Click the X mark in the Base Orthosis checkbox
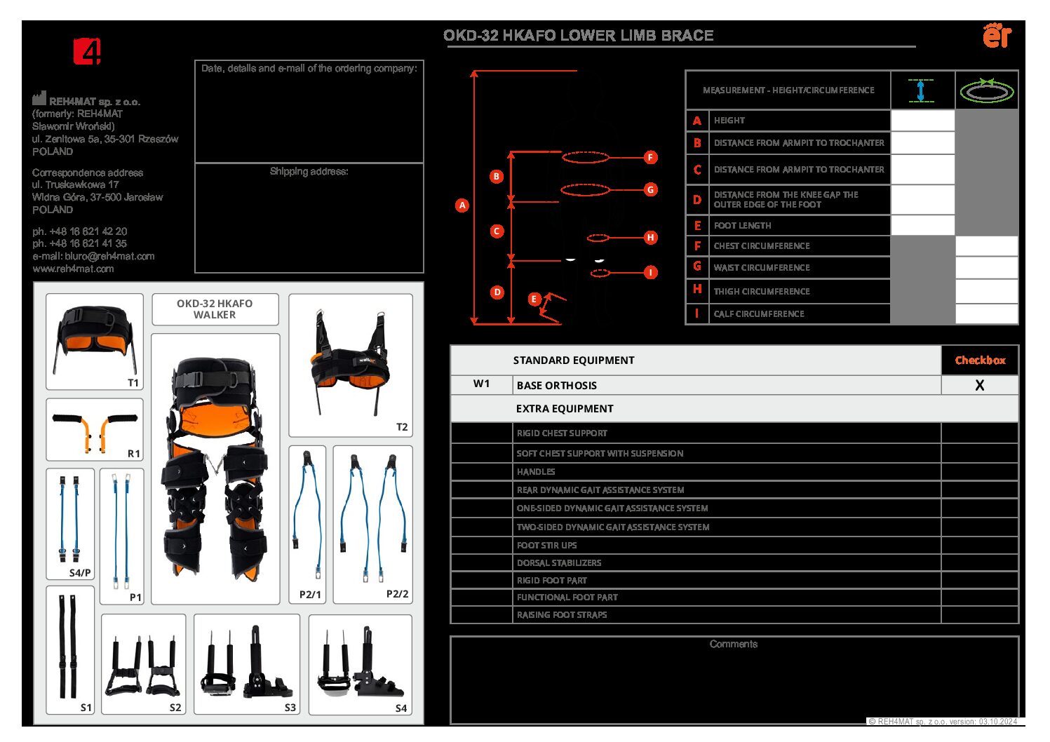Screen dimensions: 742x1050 pyautogui.click(x=979, y=385)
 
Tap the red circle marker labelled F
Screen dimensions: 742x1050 pyautogui.click(x=650, y=157)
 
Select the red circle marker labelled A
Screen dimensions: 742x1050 pyautogui.click(x=462, y=205)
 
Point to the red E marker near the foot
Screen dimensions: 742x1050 pyautogui.click(x=534, y=299)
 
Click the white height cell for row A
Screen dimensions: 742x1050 pyautogui.click(x=922, y=121)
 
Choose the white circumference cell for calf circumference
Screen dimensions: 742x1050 pyautogui.click(x=986, y=313)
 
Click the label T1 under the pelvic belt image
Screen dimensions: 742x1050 pyautogui.click(x=133, y=382)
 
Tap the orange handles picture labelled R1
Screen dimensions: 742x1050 pyautogui.click(x=95, y=430)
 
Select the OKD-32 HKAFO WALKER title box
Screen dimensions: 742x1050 pyautogui.click(x=215, y=309)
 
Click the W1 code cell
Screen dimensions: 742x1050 pyautogui.click(x=481, y=384)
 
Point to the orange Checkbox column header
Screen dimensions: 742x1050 pyautogui.click(x=980, y=360)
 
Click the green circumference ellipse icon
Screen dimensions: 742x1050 pyautogui.click(x=986, y=90)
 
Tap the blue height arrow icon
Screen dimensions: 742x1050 pyautogui.click(x=921, y=90)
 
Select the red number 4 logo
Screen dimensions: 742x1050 pyautogui.click(x=88, y=51)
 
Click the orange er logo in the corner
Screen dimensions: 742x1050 pyautogui.click(x=997, y=35)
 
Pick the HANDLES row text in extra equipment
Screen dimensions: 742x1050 pyautogui.click(x=536, y=472)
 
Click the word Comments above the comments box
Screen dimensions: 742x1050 pyautogui.click(x=733, y=644)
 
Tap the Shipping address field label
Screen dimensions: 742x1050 pyautogui.click(x=309, y=171)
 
